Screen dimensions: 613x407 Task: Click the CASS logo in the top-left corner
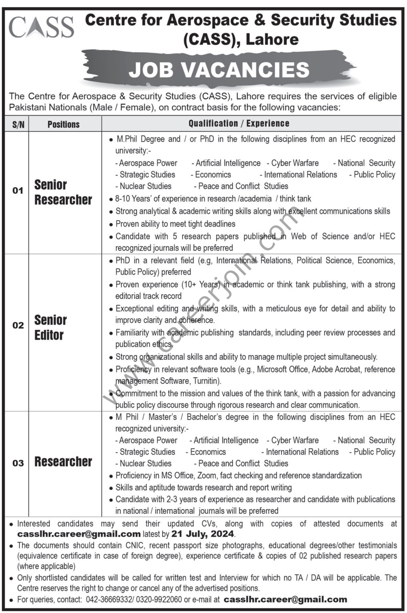[41, 27]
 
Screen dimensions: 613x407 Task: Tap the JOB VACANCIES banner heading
[219, 69]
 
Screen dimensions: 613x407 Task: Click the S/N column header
[18, 124]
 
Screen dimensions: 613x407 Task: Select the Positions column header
[64, 124]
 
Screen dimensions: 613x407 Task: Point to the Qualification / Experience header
[239, 123]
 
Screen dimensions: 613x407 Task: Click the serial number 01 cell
[18, 191]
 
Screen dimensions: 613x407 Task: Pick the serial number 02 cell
[18, 326]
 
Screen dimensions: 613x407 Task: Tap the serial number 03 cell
[18, 463]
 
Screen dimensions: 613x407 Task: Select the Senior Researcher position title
[63, 192]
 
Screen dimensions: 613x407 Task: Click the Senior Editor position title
[50, 327]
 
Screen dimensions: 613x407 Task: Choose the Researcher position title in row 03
[63, 462]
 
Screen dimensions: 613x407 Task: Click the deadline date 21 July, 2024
[203, 534]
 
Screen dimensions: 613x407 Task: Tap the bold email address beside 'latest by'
[79, 534]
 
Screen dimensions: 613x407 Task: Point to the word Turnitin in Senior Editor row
[207, 381]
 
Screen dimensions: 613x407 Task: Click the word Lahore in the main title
[272, 39]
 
